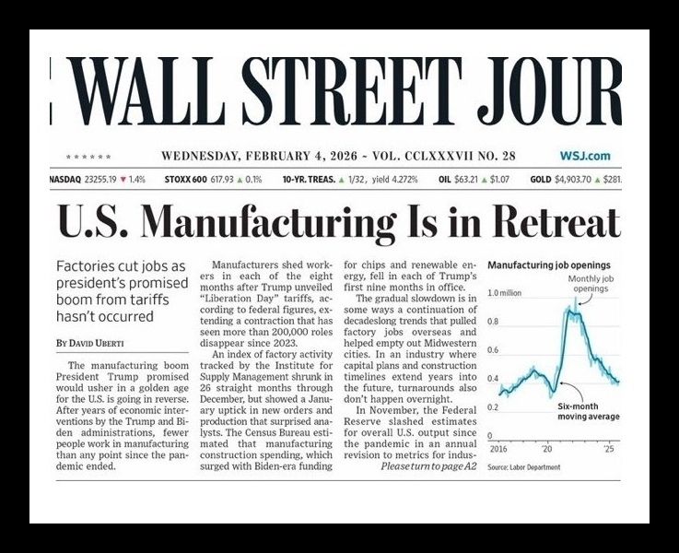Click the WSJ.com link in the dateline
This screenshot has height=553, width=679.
[584, 156]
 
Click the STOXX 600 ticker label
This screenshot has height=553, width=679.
[184, 178]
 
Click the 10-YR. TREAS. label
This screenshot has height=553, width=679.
[310, 178]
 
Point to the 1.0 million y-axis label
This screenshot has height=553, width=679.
[505, 293]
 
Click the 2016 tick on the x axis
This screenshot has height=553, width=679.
[498, 448]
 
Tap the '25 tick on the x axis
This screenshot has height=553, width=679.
[610, 448]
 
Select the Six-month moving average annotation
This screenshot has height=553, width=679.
[586, 411]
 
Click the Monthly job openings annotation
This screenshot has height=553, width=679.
[591, 283]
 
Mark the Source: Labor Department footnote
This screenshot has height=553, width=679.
[523, 468]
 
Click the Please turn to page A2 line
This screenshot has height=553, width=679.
[427, 467]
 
